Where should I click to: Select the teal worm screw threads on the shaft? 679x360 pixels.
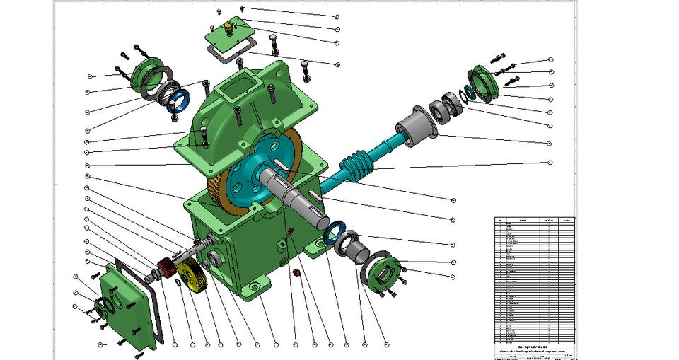coord(356,166)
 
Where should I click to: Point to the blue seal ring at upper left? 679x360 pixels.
coord(178,100)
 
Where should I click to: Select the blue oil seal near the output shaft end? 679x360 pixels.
coord(335,232)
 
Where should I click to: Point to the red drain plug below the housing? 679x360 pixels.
coord(297,272)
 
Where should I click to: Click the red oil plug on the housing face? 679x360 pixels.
coord(290,233)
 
